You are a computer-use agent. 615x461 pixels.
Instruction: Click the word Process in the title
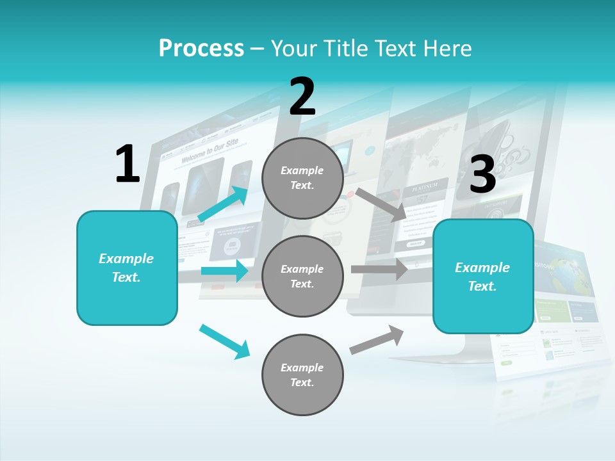click(x=201, y=49)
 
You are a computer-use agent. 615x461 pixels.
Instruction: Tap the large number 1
click(x=127, y=164)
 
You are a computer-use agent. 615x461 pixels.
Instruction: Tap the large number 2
click(x=302, y=97)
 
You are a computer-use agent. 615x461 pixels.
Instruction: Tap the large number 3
click(x=482, y=174)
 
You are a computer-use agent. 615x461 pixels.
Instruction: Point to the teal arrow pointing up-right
click(x=223, y=204)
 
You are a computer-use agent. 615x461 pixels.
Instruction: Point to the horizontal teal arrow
click(x=224, y=271)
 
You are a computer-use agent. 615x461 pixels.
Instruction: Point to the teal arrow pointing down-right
click(x=224, y=341)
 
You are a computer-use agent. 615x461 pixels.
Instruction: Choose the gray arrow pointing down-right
click(x=381, y=204)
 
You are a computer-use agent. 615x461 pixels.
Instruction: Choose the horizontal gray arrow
click(x=379, y=269)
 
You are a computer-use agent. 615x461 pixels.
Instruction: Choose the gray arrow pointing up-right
click(x=377, y=339)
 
